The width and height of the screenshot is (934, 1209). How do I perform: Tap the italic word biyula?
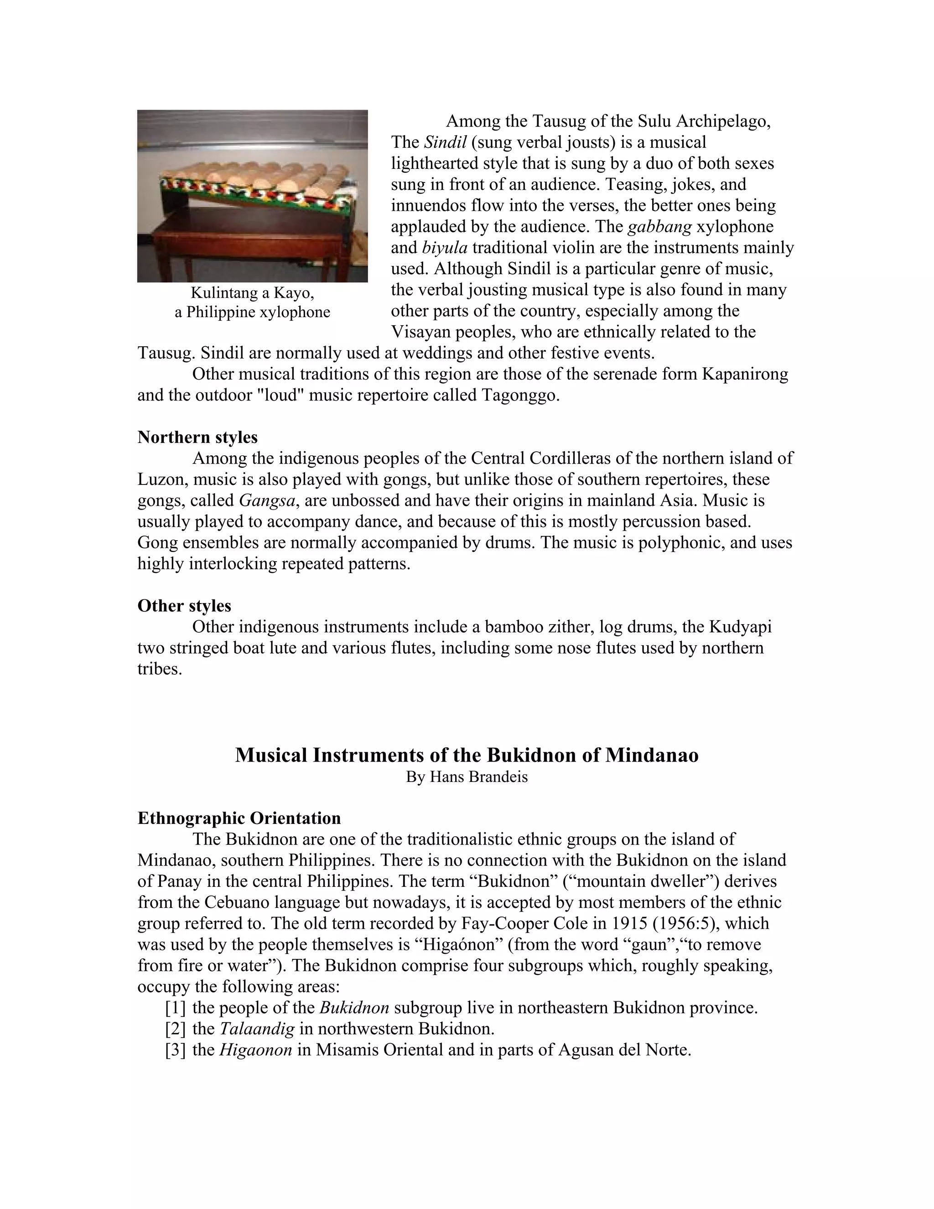445,247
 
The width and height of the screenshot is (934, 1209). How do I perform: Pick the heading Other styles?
184,605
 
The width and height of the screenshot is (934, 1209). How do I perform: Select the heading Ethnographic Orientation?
239,818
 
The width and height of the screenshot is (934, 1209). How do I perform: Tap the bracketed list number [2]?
176,1028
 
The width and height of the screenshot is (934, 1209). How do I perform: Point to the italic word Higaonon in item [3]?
256,1050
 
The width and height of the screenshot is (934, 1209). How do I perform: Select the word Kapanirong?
745,374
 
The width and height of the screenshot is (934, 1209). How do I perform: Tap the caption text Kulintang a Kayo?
252,292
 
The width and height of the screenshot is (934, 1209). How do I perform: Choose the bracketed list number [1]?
176,1007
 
